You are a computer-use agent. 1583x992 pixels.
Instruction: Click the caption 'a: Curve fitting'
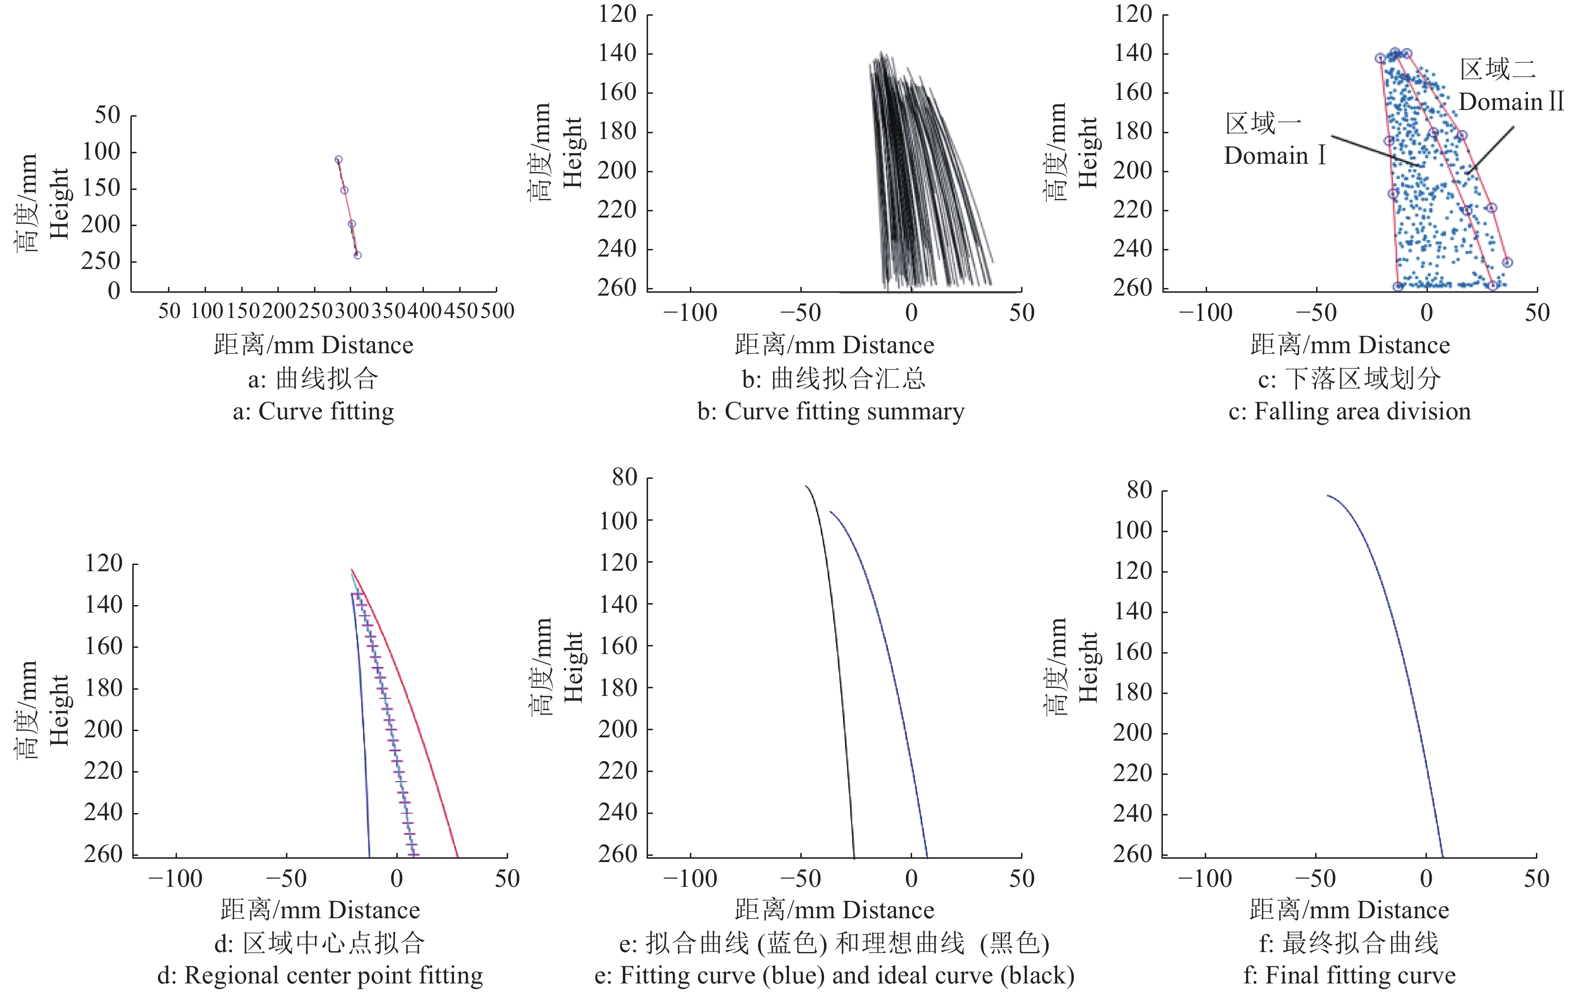pos(314,411)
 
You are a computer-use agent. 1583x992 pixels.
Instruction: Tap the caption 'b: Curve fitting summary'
pos(831,411)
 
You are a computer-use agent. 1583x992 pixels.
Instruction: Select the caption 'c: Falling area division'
pos(1349,411)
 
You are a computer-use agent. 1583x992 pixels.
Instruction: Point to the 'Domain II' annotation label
pos(1511,102)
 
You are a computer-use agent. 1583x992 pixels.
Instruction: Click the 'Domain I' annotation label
pos(1274,156)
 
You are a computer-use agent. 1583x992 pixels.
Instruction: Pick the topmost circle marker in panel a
pos(338,159)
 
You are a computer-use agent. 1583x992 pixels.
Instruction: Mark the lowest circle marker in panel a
pos(357,255)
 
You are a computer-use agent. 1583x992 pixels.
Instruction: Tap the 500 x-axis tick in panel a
pos(497,311)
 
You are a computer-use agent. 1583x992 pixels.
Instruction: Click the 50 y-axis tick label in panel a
pos(108,116)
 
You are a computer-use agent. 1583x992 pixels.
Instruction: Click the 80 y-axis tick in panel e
pos(624,477)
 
